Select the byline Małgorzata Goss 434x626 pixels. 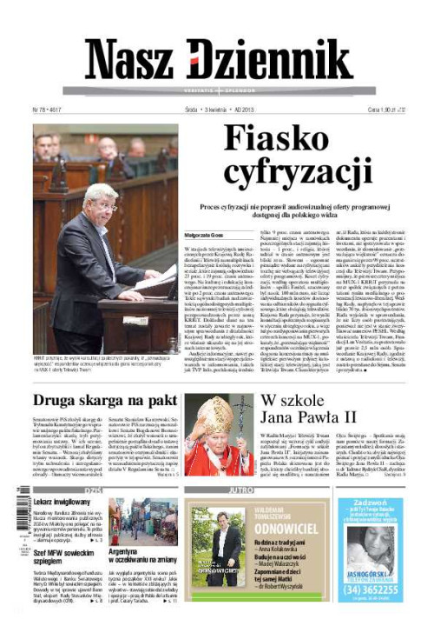click(x=204, y=235)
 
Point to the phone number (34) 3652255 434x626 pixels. click(x=370, y=588)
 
